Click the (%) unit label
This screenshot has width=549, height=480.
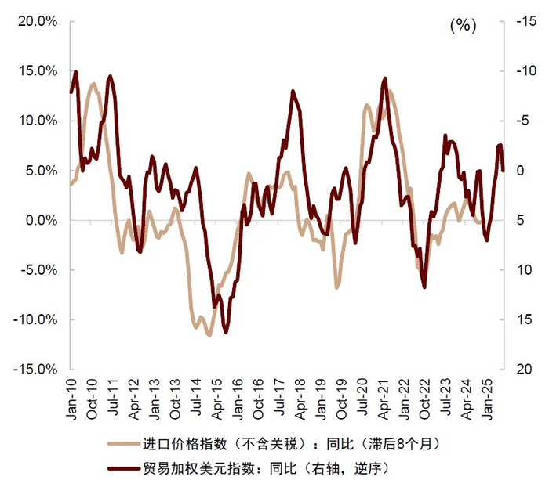click(x=463, y=26)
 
